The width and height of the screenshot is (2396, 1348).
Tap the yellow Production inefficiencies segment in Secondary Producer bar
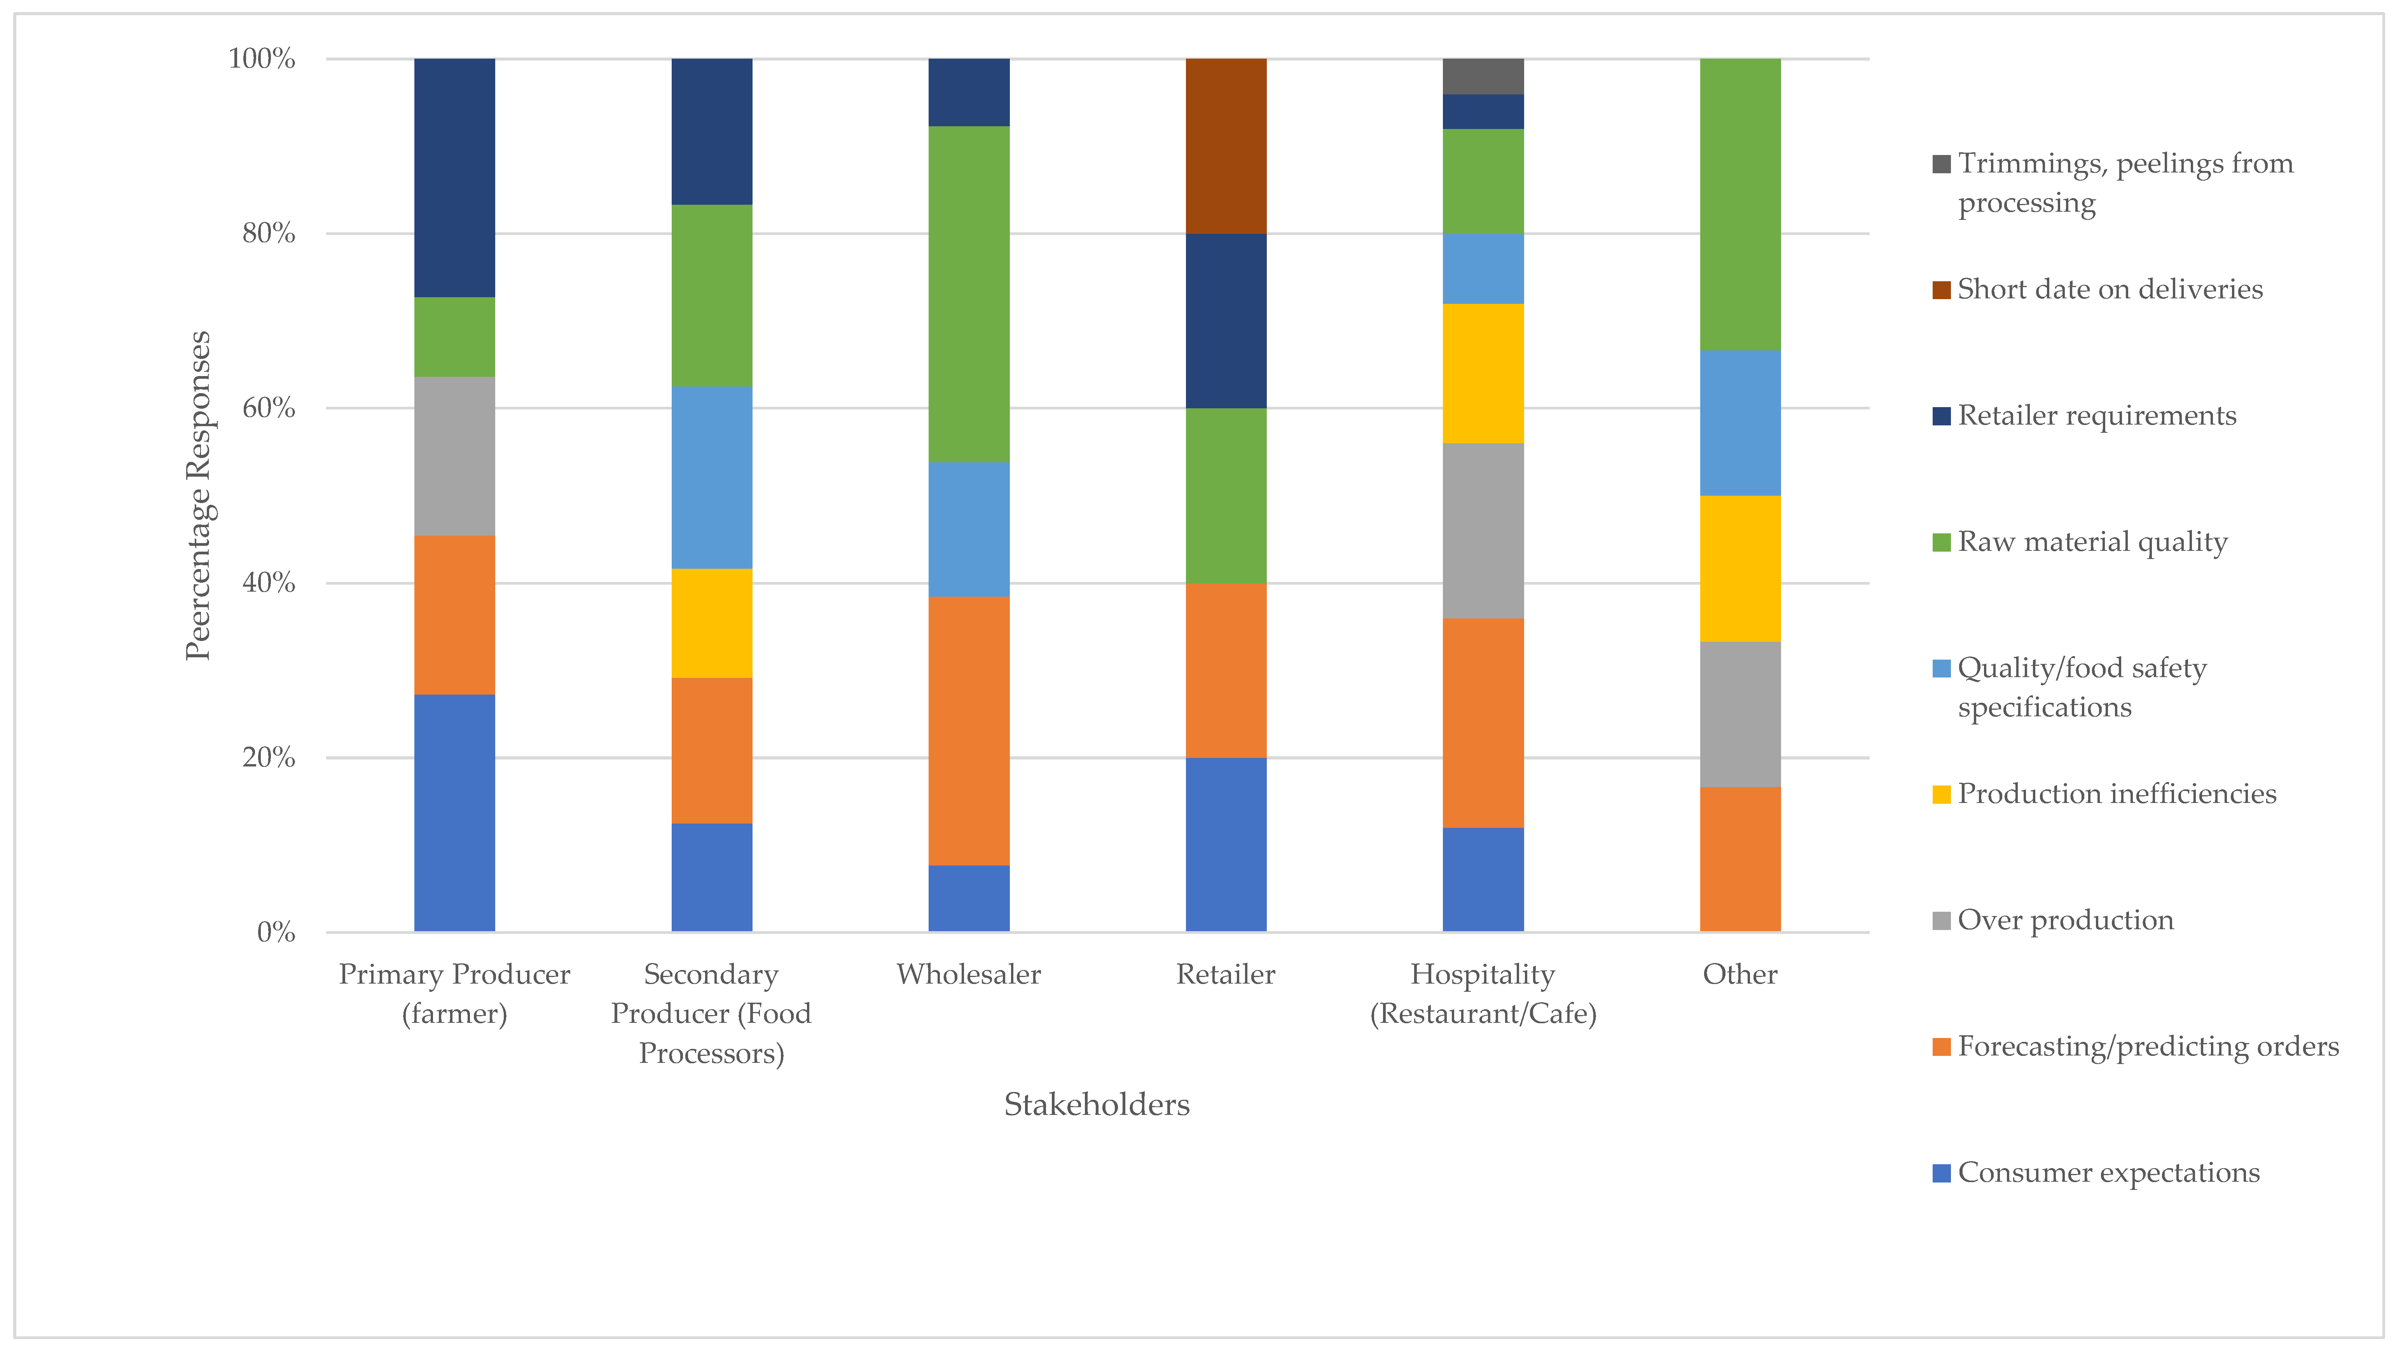pyautogui.click(x=712, y=623)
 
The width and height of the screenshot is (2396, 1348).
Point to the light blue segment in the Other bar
pyautogui.click(x=1739, y=423)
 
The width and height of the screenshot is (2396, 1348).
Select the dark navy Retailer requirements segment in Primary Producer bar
pyautogui.click(x=454, y=178)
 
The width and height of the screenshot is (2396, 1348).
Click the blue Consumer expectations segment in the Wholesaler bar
pyautogui.click(x=968, y=898)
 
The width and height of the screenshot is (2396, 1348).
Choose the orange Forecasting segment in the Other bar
pyautogui.click(x=1739, y=859)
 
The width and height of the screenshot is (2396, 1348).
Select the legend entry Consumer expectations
pyautogui.click(x=2108, y=1172)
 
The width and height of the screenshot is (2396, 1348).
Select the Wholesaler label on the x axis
pyautogui.click(x=968, y=974)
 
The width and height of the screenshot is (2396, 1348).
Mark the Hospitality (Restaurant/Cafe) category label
pyautogui.click(x=1483, y=994)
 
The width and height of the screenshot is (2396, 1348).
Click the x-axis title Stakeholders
pyautogui.click(x=1097, y=1104)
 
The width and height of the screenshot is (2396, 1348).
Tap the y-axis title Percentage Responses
pyautogui.click(x=198, y=496)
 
